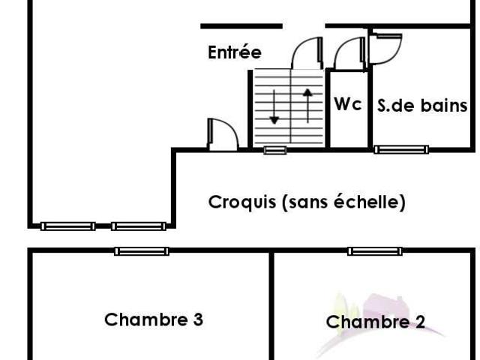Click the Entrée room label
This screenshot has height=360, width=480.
tap(235, 52)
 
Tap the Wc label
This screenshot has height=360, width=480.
tap(348, 104)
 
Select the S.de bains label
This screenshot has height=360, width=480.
tap(422, 106)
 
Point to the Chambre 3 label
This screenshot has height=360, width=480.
tap(154, 319)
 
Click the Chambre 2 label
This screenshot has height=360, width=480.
tap(376, 322)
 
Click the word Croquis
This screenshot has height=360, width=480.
tap(241, 202)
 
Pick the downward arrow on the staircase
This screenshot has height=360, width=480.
tap(274, 106)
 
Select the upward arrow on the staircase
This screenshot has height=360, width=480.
tap(307, 106)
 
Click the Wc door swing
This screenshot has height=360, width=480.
tap(349, 53)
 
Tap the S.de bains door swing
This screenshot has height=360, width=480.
tap(385, 49)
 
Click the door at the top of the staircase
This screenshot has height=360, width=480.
tap(307, 53)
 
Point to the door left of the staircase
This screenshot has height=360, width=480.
tap(223, 135)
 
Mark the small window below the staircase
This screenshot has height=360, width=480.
tap(275, 150)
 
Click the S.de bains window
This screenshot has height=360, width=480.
tap(401, 149)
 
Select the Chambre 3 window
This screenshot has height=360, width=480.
tap(142, 251)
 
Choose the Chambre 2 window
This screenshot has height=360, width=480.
tap(375, 251)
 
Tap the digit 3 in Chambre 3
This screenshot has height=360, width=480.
tap(198, 320)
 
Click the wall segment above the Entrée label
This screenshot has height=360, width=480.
tap(241, 26)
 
